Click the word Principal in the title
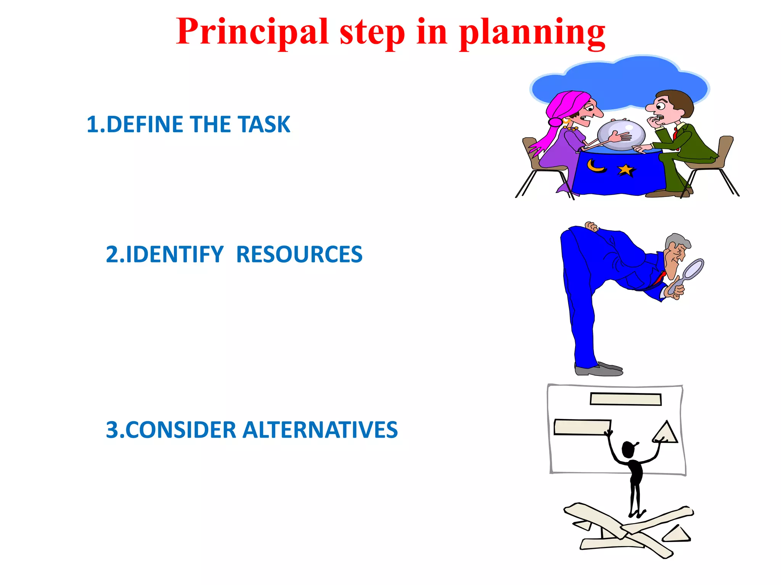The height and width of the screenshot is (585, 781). pyautogui.click(x=252, y=32)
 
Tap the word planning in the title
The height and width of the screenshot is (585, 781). pyautogui.click(x=532, y=33)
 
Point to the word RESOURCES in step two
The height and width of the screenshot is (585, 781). pyautogui.click(x=299, y=254)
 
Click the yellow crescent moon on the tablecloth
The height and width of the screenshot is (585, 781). pyautogui.click(x=595, y=166)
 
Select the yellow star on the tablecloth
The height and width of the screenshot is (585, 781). pyautogui.click(x=625, y=170)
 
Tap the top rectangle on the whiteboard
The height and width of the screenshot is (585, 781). pyautogui.click(x=625, y=399)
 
